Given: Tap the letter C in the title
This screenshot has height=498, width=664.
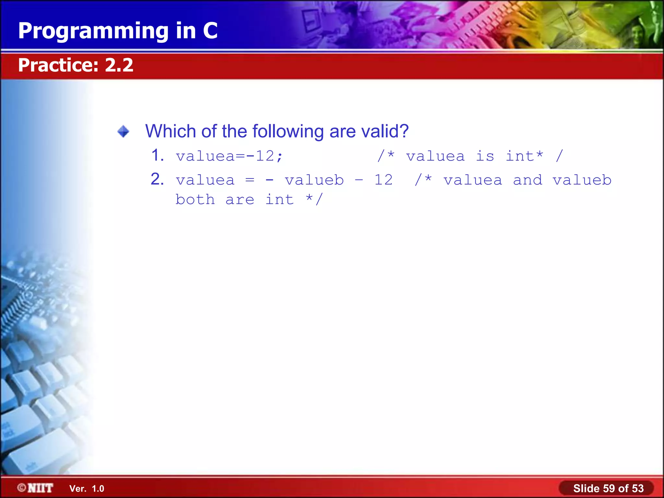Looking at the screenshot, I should [210, 31].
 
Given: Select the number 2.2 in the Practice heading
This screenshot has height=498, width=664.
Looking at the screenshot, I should [119, 65].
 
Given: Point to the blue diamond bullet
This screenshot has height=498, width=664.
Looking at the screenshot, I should [123, 132].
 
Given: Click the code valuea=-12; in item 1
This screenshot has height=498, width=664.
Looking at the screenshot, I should [229, 157].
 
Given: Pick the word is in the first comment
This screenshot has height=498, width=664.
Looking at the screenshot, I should [485, 157].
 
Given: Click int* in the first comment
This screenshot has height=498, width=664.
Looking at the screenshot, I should [524, 156].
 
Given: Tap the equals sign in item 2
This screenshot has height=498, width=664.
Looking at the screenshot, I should [250, 180].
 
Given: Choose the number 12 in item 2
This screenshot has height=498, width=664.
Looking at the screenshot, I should [384, 180].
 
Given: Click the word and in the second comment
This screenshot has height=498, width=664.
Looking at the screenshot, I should [528, 180].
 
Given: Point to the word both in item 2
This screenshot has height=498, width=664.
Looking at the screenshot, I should [195, 200].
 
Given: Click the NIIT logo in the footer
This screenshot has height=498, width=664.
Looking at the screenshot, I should [36, 488].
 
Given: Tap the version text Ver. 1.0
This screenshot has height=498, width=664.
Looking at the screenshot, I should [87, 489].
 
